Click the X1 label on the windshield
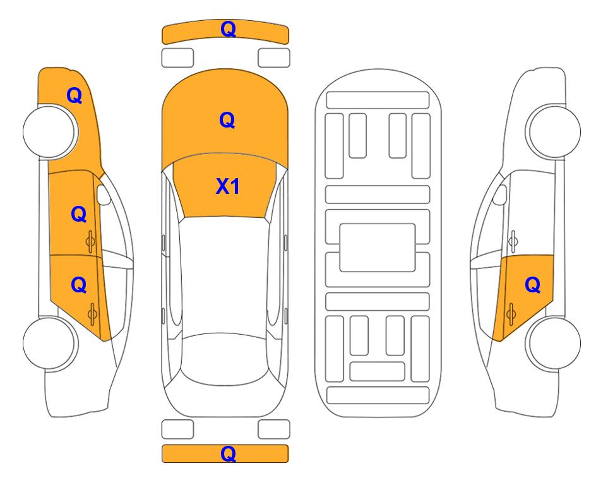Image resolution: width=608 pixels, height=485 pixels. click(228, 186)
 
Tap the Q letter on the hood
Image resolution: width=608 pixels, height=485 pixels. click(227, 120)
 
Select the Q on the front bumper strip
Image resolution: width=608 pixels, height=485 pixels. click(228, 28)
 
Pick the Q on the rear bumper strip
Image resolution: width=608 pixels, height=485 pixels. click(228, 453)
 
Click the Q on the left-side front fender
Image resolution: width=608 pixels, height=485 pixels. click(75, 95)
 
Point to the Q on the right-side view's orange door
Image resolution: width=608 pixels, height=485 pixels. click(532, 285)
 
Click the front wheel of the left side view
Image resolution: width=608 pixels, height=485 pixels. click(49, 131)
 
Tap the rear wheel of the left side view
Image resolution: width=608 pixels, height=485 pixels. click(49, 344)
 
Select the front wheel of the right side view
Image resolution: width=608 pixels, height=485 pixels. click(554, 131)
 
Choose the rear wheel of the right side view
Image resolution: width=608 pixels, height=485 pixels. click(554, 344)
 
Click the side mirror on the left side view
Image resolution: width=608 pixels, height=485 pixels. click(103, 195)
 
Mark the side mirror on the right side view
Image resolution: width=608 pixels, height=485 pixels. click(500, 195)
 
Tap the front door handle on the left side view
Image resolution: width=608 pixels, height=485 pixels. click(91, 241)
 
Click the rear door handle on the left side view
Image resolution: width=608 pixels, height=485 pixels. click(92, 314)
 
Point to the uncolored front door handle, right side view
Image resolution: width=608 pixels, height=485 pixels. click(513, 241)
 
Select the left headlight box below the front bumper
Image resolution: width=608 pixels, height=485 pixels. click(177, 58)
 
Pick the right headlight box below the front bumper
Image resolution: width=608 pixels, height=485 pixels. click(274, 58)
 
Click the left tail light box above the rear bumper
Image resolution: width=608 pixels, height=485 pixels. click(177, 429)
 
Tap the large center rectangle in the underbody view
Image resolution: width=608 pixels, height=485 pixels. click(378, 248)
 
